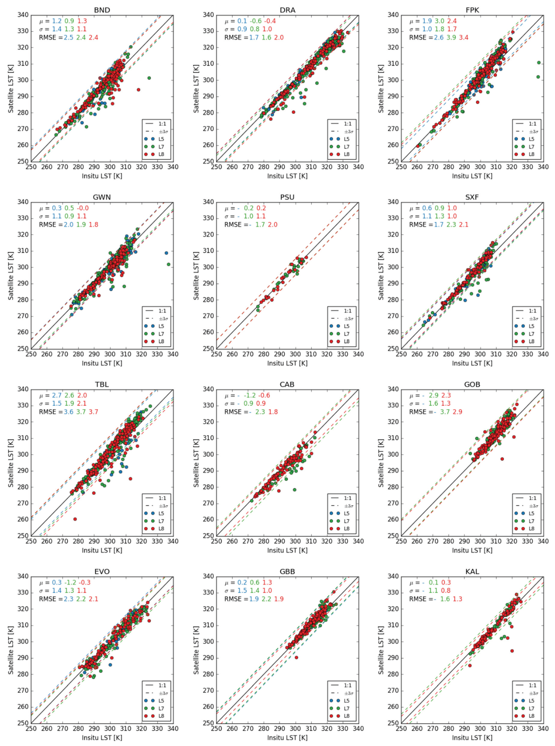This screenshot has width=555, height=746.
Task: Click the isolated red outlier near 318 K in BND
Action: pyautogui.click(x=138, y=90)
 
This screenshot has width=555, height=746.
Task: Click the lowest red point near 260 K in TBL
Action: pyautogui.click(x=75, y=519)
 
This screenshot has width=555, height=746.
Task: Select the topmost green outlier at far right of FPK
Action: pyautogui.click(x=539, y=62)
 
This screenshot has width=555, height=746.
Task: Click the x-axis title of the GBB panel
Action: pyautogui.click(x=287, y=737)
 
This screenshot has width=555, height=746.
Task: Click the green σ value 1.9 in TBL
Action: pyautogui.click(x=70, y=404)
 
